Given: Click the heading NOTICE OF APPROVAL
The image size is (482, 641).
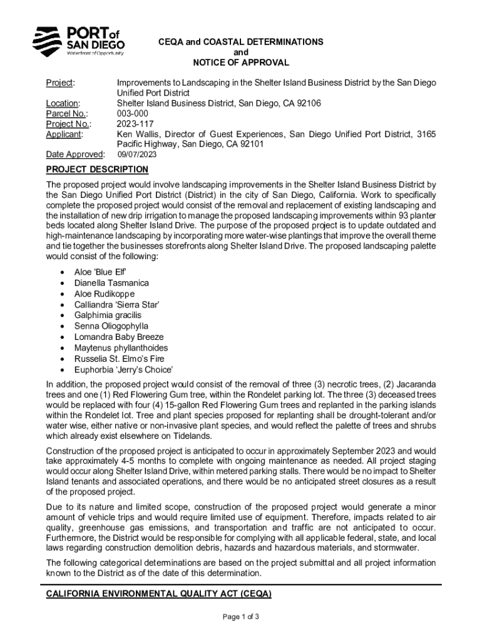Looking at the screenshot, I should point(241,63).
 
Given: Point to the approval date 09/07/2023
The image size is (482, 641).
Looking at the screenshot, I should point(138,155).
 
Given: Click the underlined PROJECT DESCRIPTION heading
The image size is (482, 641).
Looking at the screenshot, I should point(97,170).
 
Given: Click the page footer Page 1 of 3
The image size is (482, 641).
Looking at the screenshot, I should point(241,617).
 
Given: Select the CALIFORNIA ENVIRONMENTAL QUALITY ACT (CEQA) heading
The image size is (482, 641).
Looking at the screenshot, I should point(158,593).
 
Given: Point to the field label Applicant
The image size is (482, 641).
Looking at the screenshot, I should point(65,133).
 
